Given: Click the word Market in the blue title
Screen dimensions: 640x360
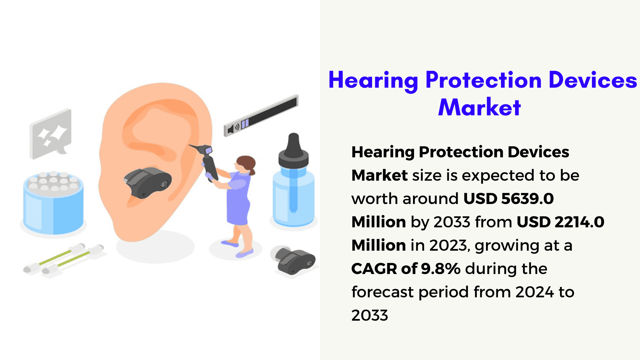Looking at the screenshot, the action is click(x=479, y=107).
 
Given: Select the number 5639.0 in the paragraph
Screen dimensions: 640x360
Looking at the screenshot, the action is click(x=527, y=199).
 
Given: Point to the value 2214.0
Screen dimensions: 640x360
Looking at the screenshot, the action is click(x=579, y=222).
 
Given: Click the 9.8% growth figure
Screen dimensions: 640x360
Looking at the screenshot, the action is click(x=441, y=269).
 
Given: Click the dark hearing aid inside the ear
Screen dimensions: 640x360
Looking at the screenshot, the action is click(x=147, y=182).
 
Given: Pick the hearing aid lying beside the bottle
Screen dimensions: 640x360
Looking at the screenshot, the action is click(x=293, y=260).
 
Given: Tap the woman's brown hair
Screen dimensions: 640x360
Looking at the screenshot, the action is click(x=247, y=164).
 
